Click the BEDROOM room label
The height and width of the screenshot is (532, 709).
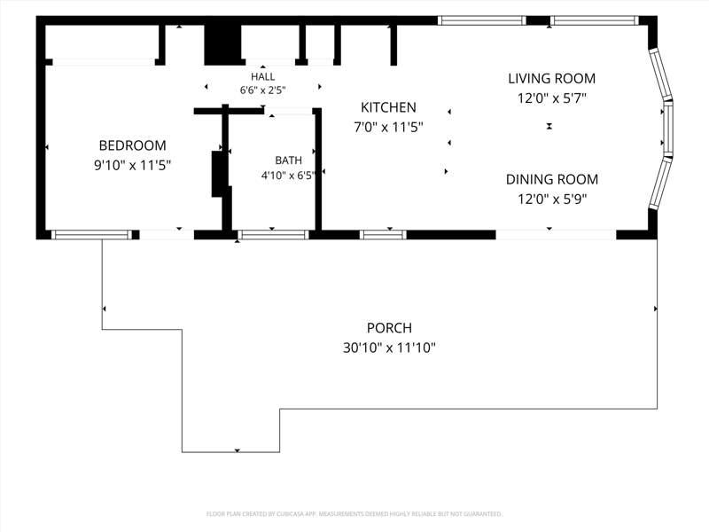point(132,145)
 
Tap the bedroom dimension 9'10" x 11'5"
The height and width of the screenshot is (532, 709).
point(132,166)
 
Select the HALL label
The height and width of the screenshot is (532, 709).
point(262,76)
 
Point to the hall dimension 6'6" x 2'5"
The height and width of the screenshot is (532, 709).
point(262,90)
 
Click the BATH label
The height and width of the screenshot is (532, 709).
point(289,160)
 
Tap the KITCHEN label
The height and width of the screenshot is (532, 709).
point(388,107)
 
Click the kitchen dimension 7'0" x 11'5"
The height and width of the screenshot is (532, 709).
point(388,128)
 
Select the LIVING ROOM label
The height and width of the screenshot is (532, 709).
point(551,79)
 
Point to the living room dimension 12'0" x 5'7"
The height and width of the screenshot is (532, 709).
point(551,98)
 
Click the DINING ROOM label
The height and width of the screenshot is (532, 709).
point(551,180)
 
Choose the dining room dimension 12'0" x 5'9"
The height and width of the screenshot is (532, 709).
point(551,199)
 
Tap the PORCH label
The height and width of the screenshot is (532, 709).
point(389,328)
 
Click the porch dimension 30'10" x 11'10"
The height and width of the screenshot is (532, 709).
point(389,348)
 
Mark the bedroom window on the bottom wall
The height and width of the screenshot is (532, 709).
point(91,235)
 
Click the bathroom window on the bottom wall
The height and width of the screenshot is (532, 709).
point(273,235)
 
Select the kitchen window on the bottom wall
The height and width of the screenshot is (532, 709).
point(383,235)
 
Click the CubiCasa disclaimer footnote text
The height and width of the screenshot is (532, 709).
point(354,514)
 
